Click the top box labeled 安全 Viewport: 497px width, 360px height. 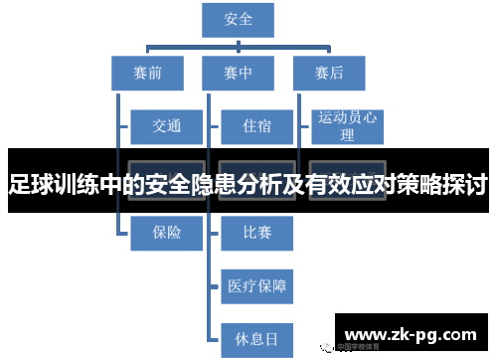tap(239, 20)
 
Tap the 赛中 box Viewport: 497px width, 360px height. tap(239, 72)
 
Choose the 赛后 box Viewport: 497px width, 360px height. tap(328, 72)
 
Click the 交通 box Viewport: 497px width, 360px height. tap(166, 126)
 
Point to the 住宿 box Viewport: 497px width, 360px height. tap(256, 126)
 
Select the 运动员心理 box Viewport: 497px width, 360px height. tap(347, 126)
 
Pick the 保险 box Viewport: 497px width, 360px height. tap(166, 232)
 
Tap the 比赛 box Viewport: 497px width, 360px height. tap(256, 232)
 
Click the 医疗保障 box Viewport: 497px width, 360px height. tap(256, 287)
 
